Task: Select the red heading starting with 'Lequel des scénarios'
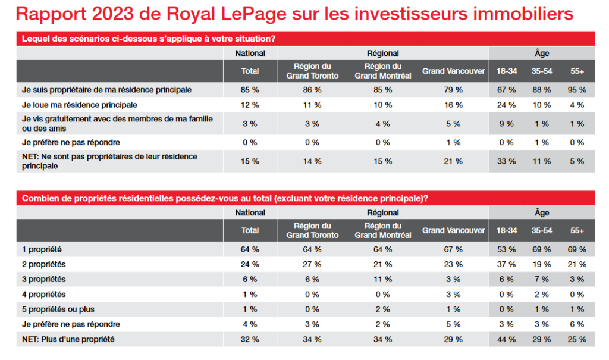(x=148, y=39)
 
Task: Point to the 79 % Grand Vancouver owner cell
(x=454, y=90)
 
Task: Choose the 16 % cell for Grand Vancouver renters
(x=454, y=105)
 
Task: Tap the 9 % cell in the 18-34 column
(x=507, y=124)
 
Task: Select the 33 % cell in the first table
(x=507, y=161)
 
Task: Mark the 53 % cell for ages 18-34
(x=507, y=249)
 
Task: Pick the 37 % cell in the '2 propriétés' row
(x=507, y=264)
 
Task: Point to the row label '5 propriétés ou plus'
(x=58, y=309)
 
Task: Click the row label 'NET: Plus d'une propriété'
(x=68, y=339)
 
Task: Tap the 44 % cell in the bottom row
(x=507, y=339)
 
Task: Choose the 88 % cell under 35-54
(x=542, y=90)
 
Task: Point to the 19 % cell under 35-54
(x=542, y=264)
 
